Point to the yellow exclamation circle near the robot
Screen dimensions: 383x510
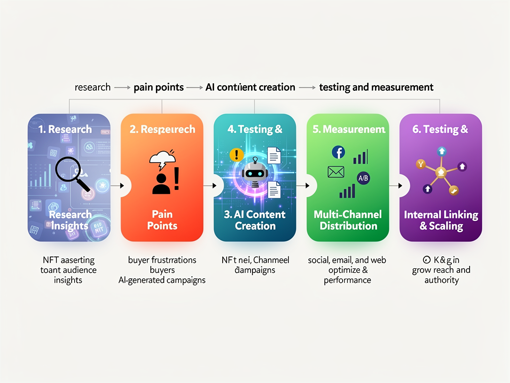(x=236, y=155)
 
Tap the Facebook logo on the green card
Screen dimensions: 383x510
(x=338, y=153)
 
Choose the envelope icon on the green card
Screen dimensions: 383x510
(x=336, y=172)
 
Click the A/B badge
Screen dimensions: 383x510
(x=363, y=178)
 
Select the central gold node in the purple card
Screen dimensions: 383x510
(x=440, y=173)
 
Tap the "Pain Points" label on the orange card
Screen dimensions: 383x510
(x=162, y=220)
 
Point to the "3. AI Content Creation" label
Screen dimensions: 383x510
(x=255, y=220)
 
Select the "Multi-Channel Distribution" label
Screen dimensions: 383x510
(x=348, y=220)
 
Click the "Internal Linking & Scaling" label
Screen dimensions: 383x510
(x=441, y=220)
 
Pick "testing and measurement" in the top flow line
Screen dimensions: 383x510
(x=376, y=87)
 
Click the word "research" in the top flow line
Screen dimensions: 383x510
(x=93, y=87)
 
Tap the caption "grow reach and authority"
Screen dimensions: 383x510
(x=441, y=275)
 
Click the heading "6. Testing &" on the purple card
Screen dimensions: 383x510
(x=440, y=130)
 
